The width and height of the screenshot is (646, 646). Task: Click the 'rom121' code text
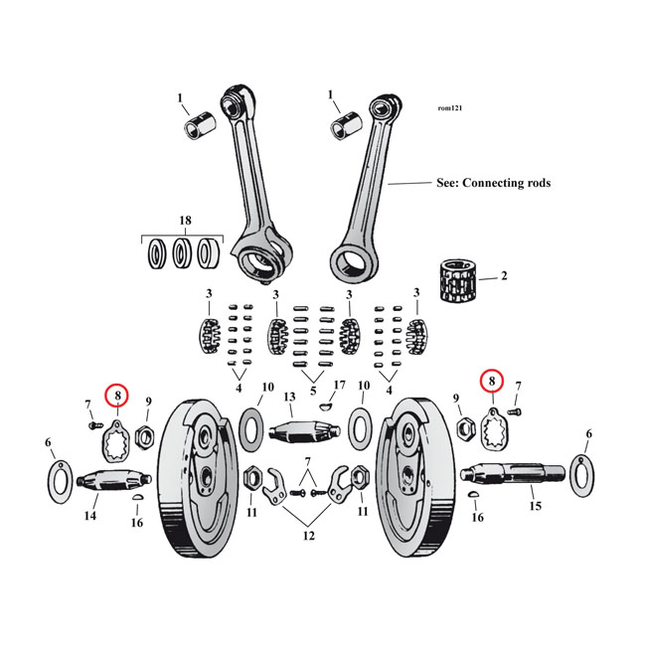click(450, 108)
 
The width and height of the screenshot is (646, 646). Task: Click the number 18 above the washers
click(184, 220)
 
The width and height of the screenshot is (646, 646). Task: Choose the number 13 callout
click(290, 397)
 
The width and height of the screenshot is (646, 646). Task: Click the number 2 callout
click(504, 275)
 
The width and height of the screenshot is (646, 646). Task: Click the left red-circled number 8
click(117, 396)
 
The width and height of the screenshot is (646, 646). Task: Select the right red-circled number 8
click(490, 380)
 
